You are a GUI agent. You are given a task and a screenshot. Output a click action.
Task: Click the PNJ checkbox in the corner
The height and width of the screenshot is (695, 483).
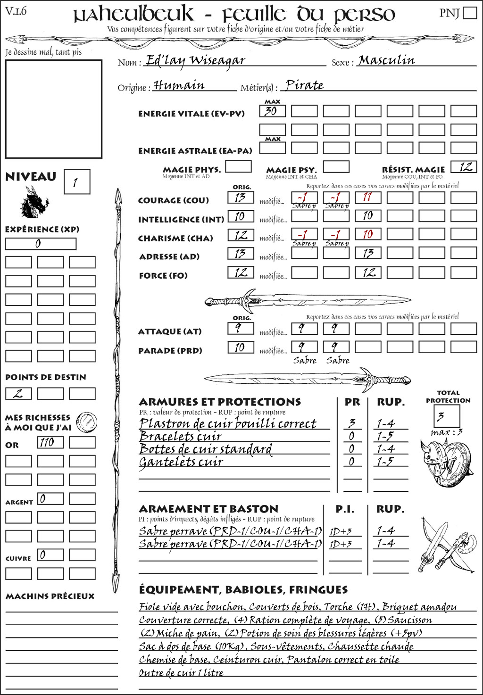(x=470, y=13)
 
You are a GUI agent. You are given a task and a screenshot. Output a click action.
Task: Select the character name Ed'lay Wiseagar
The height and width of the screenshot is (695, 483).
(x=195, y=60)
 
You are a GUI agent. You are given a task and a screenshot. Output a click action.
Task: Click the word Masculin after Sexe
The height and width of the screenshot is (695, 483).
(x=386, y=60)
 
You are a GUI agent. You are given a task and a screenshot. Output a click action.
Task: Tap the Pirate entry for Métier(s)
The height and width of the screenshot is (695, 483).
(x=305, y=85)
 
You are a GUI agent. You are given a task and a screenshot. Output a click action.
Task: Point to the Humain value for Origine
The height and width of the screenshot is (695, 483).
(x=179, y=85)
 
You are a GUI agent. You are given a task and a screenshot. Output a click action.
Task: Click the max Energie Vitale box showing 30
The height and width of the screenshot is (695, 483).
(x=272, y=111)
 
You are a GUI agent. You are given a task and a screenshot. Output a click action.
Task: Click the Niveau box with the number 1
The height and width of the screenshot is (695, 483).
(x=76, y=182)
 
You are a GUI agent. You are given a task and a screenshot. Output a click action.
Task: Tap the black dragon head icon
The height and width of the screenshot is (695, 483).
(x=34, y=202)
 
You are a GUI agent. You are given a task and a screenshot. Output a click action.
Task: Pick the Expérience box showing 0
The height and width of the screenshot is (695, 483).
(x=41, y=244)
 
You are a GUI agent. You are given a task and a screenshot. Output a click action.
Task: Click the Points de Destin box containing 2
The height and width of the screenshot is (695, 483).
(x=18, y=393)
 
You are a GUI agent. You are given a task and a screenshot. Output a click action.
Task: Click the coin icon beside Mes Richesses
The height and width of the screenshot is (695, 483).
(x=87, y=421)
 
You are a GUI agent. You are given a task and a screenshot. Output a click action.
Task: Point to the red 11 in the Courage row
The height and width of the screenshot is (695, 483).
(x=367, y=197)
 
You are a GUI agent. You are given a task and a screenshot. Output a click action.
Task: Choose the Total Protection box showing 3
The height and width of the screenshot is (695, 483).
(x=447, y=416)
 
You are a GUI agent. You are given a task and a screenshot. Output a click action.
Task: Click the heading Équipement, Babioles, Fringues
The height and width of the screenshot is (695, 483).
(x=243, y=589)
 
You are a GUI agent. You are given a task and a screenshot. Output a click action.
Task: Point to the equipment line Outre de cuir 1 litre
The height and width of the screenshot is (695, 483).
(x=181, y=672)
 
